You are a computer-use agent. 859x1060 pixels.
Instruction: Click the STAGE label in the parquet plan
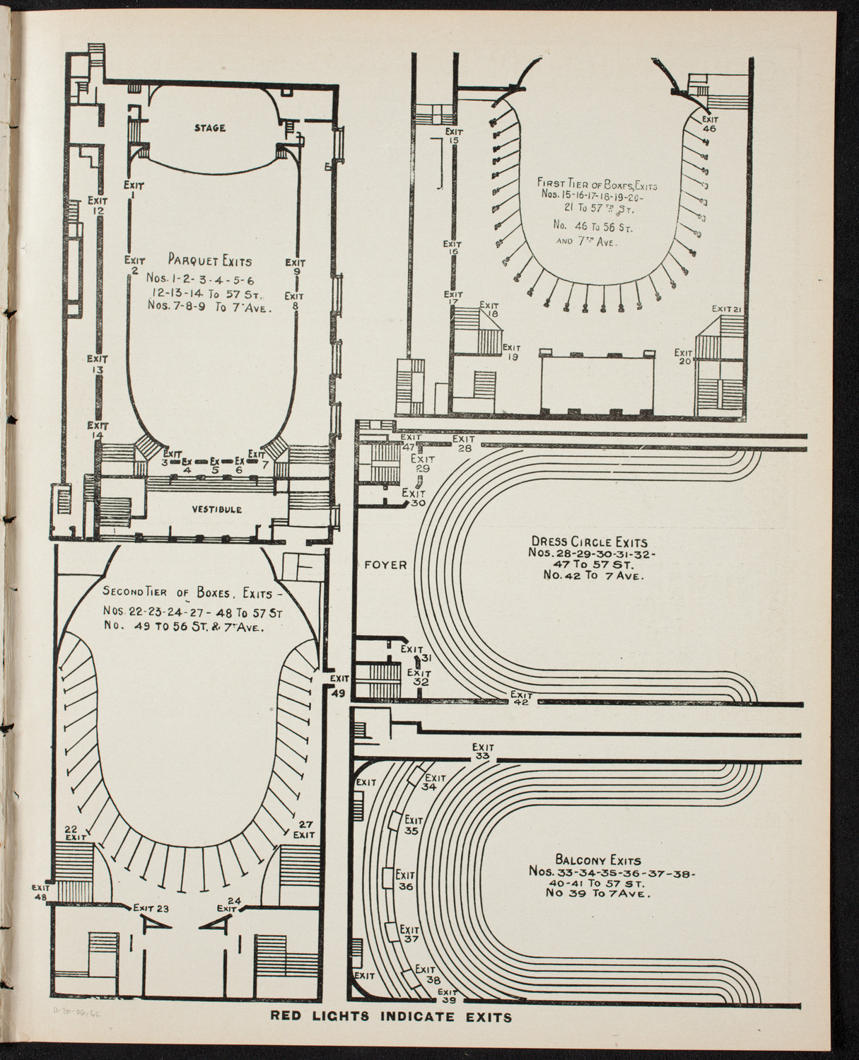pos(209,128)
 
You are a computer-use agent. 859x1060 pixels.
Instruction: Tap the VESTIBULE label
pos(216,509)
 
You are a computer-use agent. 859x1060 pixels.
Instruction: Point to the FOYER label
pos(386,565)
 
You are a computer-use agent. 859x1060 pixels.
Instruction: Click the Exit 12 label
pos(98,205)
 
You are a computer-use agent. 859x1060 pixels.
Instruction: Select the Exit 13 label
pos(98,364)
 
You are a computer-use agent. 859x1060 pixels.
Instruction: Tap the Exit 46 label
pos(709,124)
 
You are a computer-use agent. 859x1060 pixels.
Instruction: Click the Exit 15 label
pos(453,136)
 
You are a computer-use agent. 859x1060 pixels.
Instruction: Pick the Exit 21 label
pos(725,308)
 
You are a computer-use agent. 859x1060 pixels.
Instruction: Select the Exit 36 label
pos(405,880)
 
